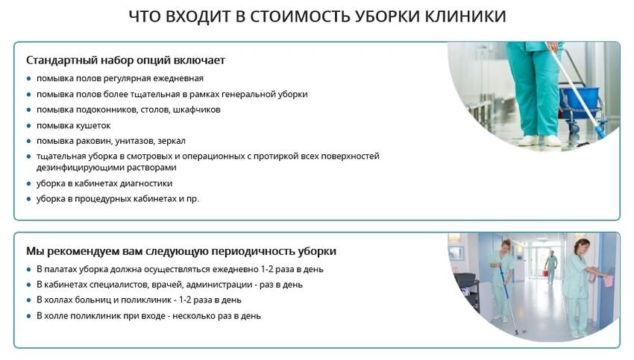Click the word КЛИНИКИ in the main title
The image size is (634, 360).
(465, 16)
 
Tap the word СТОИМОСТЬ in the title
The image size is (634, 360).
(300, 16)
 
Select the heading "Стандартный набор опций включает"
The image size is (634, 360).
(125, 60)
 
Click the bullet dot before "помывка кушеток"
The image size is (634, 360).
(28, 126)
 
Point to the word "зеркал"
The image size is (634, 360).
(172, 141)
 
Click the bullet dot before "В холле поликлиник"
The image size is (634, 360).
(28, 316)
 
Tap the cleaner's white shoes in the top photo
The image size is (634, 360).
(540, 141)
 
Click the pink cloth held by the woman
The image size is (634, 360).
(608, 280)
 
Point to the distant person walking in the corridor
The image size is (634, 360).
(550, 266)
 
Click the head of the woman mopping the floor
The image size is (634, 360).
(506, 245)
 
